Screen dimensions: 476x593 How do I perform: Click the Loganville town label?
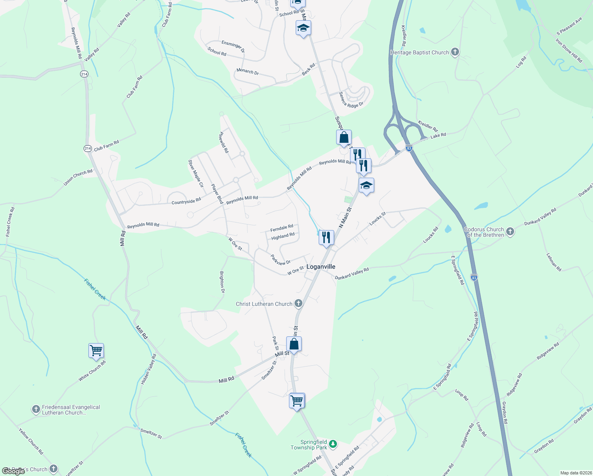(x=321, y=267)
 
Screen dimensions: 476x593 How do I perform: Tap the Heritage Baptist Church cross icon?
(x=455, y=52)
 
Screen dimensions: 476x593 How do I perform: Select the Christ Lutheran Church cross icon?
(x=298, y=304)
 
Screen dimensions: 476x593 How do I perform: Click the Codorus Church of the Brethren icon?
(x=510, y=232)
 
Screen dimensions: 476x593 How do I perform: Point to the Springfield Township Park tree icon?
(x=333, y=444)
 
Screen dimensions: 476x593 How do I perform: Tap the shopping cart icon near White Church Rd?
(x=96, y=351)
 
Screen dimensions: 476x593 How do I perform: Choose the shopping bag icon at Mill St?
(x=294, y=344)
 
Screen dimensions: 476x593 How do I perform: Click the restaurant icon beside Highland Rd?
(x=326, y=238)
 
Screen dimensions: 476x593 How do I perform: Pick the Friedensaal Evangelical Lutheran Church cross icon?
(x=36, y=409)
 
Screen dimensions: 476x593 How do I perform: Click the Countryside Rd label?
(x=186, y=202)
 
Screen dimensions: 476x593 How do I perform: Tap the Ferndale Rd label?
(x=281, y=228)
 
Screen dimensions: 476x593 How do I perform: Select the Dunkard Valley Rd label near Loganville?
(x=352, y=274)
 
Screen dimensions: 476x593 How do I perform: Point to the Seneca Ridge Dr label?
(x=351, y=100)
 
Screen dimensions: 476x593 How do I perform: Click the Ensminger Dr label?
(x=233, y=46)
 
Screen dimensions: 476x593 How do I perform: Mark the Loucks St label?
(x=377, y=219)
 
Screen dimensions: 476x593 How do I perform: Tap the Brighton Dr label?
(x=222, y=282)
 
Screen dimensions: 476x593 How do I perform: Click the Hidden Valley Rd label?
(x=149, y=369)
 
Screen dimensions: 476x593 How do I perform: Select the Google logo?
(x=13, y=471)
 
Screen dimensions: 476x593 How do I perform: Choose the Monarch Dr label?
(x=248, y=72)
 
